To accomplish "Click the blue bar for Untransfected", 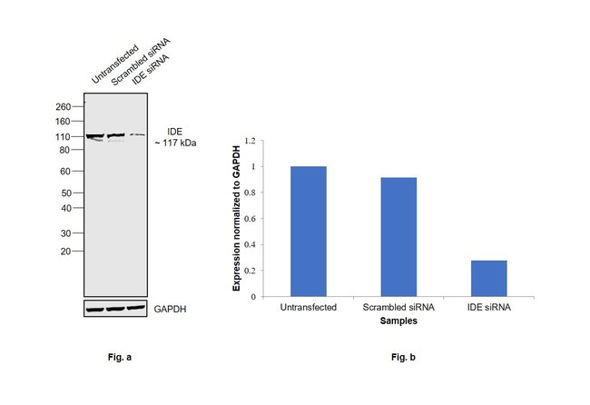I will coord(309,231).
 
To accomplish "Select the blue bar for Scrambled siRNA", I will coord(398,236).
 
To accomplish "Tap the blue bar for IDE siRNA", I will coord(488,278).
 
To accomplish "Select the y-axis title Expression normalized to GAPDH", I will coord(237,218).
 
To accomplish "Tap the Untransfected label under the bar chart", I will coord(309,307).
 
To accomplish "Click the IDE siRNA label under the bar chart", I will coord(488,307).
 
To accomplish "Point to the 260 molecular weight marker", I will coord(64,107).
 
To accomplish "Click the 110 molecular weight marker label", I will coord(64,136).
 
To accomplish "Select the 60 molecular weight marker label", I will coord(66,171).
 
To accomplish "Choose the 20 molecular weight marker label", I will coord(66,251).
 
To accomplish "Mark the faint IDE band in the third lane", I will coord(136,135).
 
